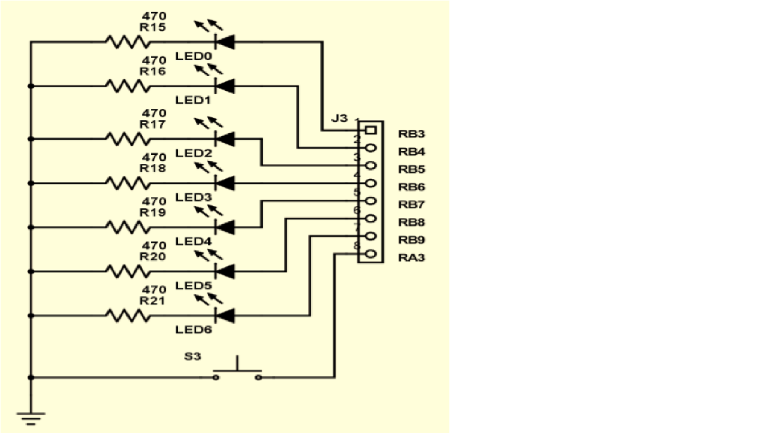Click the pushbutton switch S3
237,371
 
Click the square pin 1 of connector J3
369,131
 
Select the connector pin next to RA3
369,255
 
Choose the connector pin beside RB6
369,183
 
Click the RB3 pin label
412,134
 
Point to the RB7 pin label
412,204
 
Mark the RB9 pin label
412,240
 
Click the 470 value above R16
153,60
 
